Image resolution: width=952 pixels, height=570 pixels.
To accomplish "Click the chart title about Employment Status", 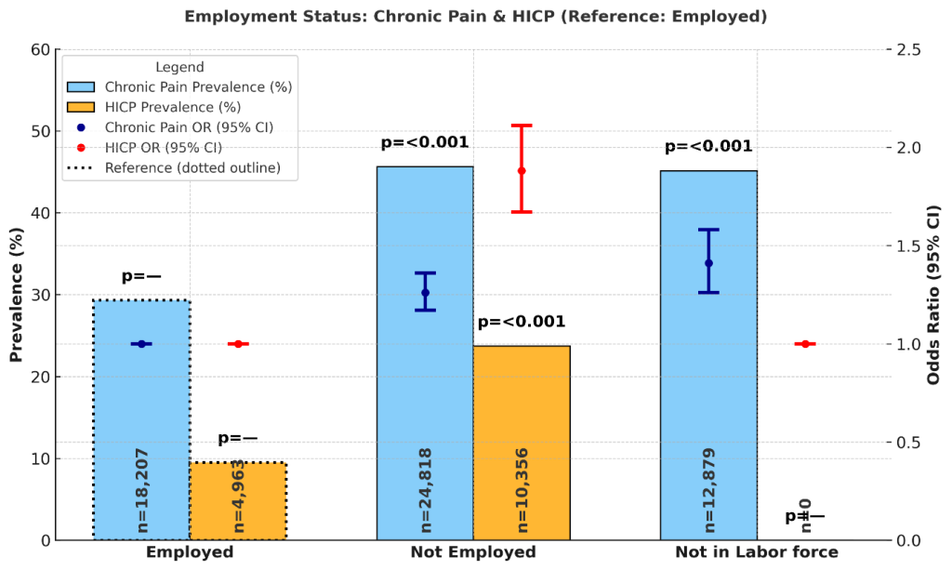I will pos(475,16).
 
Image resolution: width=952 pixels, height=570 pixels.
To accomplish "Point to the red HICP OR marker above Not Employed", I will pos(522,171).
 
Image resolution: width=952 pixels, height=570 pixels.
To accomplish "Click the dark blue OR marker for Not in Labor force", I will pos(708,263).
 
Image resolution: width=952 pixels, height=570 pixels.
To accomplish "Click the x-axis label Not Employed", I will pos(473,552).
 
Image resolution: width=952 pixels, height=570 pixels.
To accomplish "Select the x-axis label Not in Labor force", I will pos(757,552).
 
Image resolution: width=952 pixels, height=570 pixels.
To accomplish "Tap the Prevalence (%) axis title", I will pos(16,295).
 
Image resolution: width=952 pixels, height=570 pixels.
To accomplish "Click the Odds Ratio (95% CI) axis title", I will pos(933,295).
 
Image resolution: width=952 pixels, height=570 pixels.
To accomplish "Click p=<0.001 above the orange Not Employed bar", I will pos(522,323).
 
